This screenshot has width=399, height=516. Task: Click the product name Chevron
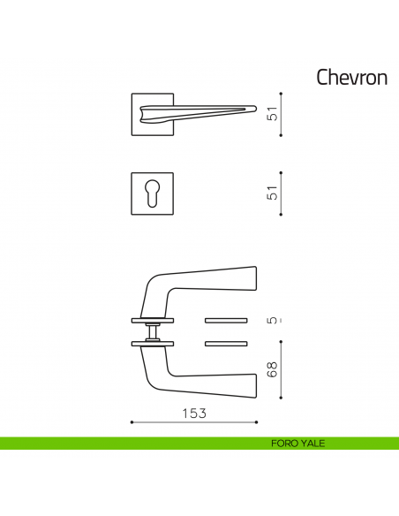tap(352, 78)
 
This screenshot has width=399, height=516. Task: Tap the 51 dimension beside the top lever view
tap(274, 114)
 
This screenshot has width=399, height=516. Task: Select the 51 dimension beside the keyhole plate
tap(274, 193)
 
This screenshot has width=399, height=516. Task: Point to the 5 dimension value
tap(274, 321)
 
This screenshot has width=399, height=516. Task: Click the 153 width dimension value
tap(193, 414)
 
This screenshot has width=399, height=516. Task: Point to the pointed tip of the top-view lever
tap(254, 110)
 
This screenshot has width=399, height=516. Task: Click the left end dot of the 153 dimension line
tap(132, 423)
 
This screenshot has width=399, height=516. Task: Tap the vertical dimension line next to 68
tap(282, 373)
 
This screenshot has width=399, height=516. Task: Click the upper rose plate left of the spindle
tap(141, 319)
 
